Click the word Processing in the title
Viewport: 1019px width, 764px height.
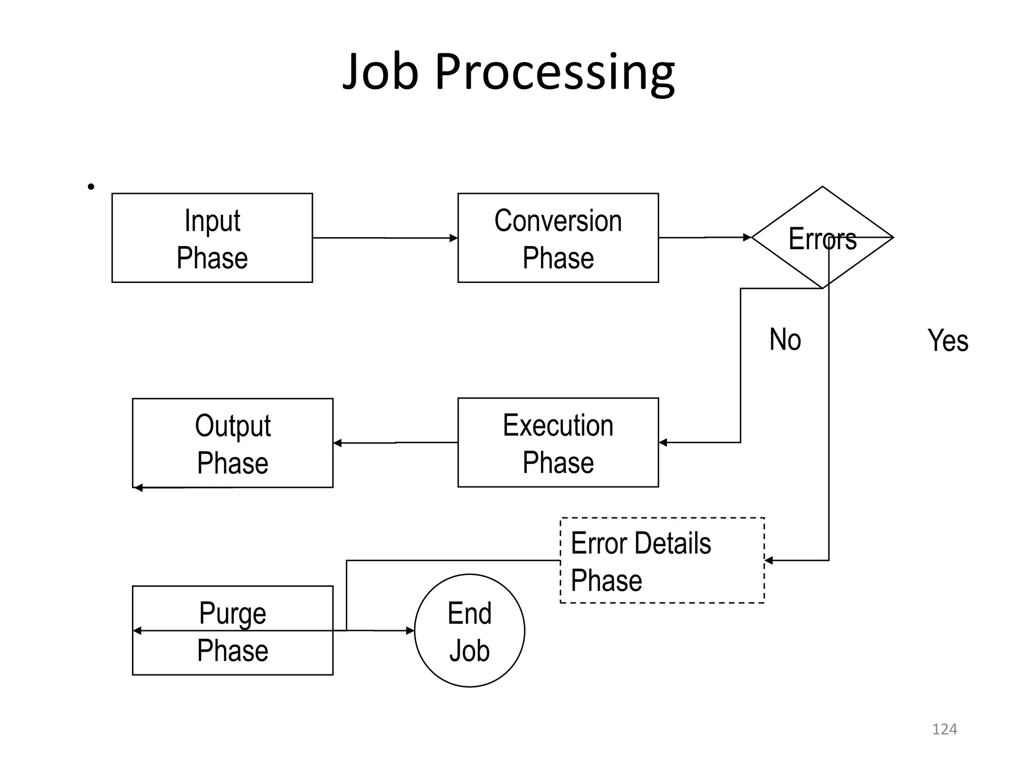555,72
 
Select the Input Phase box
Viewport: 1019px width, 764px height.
212,238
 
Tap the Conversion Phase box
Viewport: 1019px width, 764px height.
558,238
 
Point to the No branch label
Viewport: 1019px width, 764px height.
785,340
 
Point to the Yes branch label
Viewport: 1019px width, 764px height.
947,341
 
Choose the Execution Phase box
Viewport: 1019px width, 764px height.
558,442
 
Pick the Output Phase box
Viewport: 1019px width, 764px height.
232,443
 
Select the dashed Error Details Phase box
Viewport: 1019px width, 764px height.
662,561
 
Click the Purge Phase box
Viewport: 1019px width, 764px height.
232,630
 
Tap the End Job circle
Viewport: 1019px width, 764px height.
469,631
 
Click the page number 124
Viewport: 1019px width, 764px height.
944,729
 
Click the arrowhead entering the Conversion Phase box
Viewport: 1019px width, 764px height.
453,238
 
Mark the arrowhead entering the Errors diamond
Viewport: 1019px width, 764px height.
747,237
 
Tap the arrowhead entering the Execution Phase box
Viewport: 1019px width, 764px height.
663,442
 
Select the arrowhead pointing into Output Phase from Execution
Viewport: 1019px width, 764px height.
337,443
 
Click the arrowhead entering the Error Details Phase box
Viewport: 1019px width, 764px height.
769,561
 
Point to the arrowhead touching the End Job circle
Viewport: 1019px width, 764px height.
410,631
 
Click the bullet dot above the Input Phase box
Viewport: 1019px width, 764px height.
91,187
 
